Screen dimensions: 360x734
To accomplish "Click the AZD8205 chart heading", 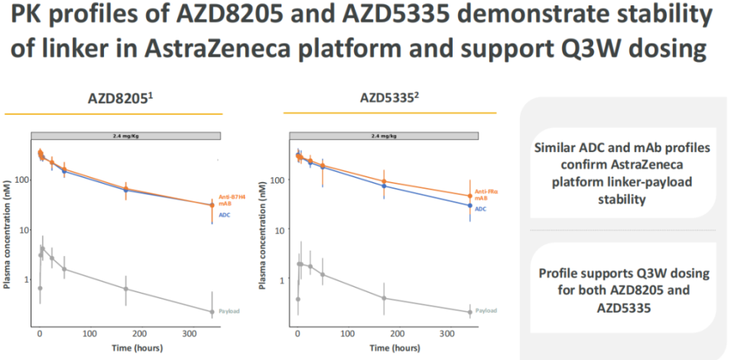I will pos(113,100).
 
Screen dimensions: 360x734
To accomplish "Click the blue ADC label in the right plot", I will pos(481,208).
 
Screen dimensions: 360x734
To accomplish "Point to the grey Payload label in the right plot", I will pos(486,311).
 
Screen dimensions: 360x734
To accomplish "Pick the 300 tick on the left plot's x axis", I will pos(191,334).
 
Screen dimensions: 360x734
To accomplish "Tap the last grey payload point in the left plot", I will pos(212,311).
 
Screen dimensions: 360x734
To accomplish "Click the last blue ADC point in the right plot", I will pos(470,206).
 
